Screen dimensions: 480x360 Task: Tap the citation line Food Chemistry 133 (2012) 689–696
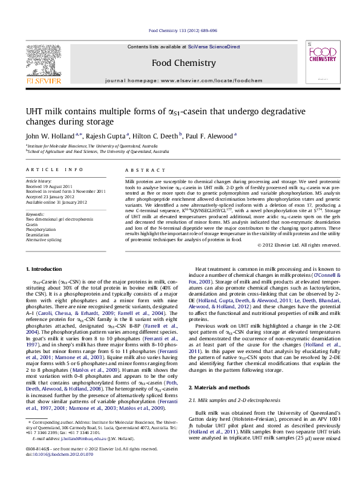(183, 30)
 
